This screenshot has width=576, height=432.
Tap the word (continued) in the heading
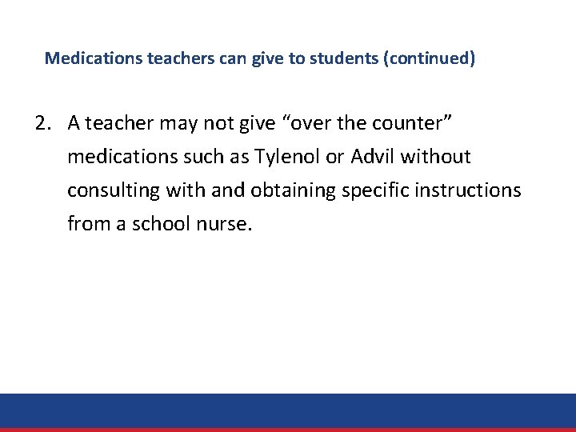(430, 58)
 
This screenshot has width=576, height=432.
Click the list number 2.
(42, 123)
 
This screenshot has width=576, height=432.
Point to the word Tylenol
(284, 157)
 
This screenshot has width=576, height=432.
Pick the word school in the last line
(163, 223)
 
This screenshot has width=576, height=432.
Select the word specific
(371, 190)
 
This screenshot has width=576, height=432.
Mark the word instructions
(467, 190)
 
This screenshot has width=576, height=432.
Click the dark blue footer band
(288, 410)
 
